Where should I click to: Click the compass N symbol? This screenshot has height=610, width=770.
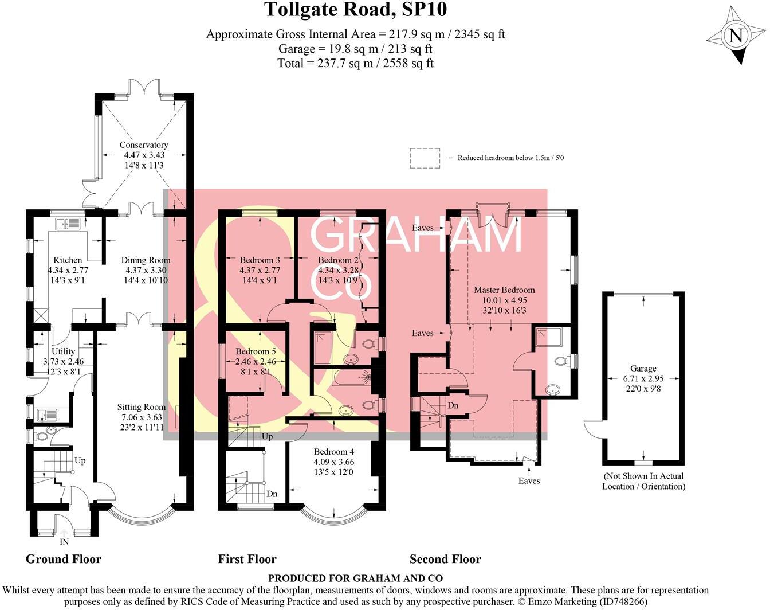[x=736, y=36]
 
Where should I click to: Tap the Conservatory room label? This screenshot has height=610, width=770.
[x=143, y=145]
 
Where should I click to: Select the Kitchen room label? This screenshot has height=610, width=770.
[x=68, y=260]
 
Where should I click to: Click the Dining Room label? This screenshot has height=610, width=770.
[x=146, y=260]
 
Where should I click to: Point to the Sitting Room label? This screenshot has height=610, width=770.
[x=142, y=408]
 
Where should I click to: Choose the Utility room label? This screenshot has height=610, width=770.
[x=63, y=351]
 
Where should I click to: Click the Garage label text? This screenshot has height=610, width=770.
[x=642, y=369]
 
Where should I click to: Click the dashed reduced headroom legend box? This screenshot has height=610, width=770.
[x=425, y=158]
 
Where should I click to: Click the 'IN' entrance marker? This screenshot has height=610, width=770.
[x=64, y=542]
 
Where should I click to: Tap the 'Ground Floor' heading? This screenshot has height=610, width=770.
[x=64, y=560]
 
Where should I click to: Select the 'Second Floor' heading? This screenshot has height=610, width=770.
[x=445, y=560]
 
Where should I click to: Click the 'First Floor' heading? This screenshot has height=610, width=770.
[x=247, y=560]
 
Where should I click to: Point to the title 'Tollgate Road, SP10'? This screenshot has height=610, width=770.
[x=355, y=10]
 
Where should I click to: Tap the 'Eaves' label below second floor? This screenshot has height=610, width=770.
[x=529, y=481]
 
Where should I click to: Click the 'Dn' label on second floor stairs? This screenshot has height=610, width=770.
[x=453, y=406]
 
